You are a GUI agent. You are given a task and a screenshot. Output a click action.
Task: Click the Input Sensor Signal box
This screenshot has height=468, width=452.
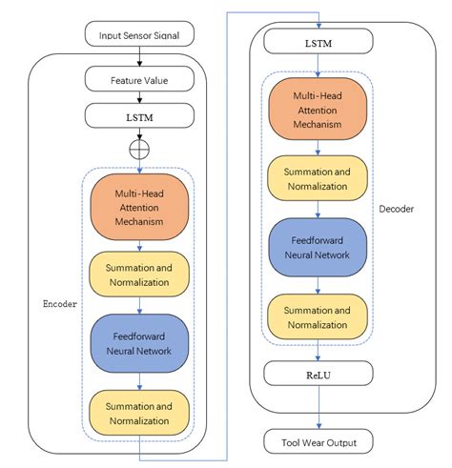coord(139,36)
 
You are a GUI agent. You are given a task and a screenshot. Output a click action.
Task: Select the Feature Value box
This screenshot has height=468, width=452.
coord(139,81)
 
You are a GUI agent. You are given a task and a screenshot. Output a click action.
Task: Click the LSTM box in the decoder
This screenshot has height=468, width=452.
coord(318,44)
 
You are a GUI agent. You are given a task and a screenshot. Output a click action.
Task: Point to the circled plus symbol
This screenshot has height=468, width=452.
coord(139,151)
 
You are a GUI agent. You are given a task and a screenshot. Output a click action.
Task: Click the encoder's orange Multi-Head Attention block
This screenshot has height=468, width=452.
coord(139,207)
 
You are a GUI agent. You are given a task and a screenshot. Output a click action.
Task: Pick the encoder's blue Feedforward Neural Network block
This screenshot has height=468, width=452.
coord(139,343)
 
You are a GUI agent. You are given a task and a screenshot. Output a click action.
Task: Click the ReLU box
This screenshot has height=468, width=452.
coord(318,376)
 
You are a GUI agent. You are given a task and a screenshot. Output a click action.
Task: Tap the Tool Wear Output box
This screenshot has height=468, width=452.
coord(318,442)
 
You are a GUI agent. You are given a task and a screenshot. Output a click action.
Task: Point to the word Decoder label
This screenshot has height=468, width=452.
coord(396,208)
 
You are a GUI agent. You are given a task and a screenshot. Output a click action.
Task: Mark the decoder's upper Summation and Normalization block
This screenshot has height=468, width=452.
coord(318,179)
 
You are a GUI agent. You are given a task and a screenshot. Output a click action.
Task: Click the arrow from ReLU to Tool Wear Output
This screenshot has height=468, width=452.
coord(318,409)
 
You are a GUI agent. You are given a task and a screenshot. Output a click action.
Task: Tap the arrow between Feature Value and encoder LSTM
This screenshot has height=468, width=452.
coord(139,98)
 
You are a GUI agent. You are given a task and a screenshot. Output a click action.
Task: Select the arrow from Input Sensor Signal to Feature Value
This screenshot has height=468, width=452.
coord(139,57)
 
